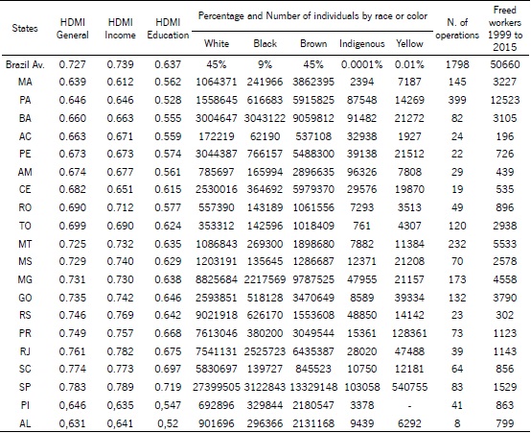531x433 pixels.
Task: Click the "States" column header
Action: tap(25, 28)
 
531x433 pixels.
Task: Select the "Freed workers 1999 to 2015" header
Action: tap(502, 28)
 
